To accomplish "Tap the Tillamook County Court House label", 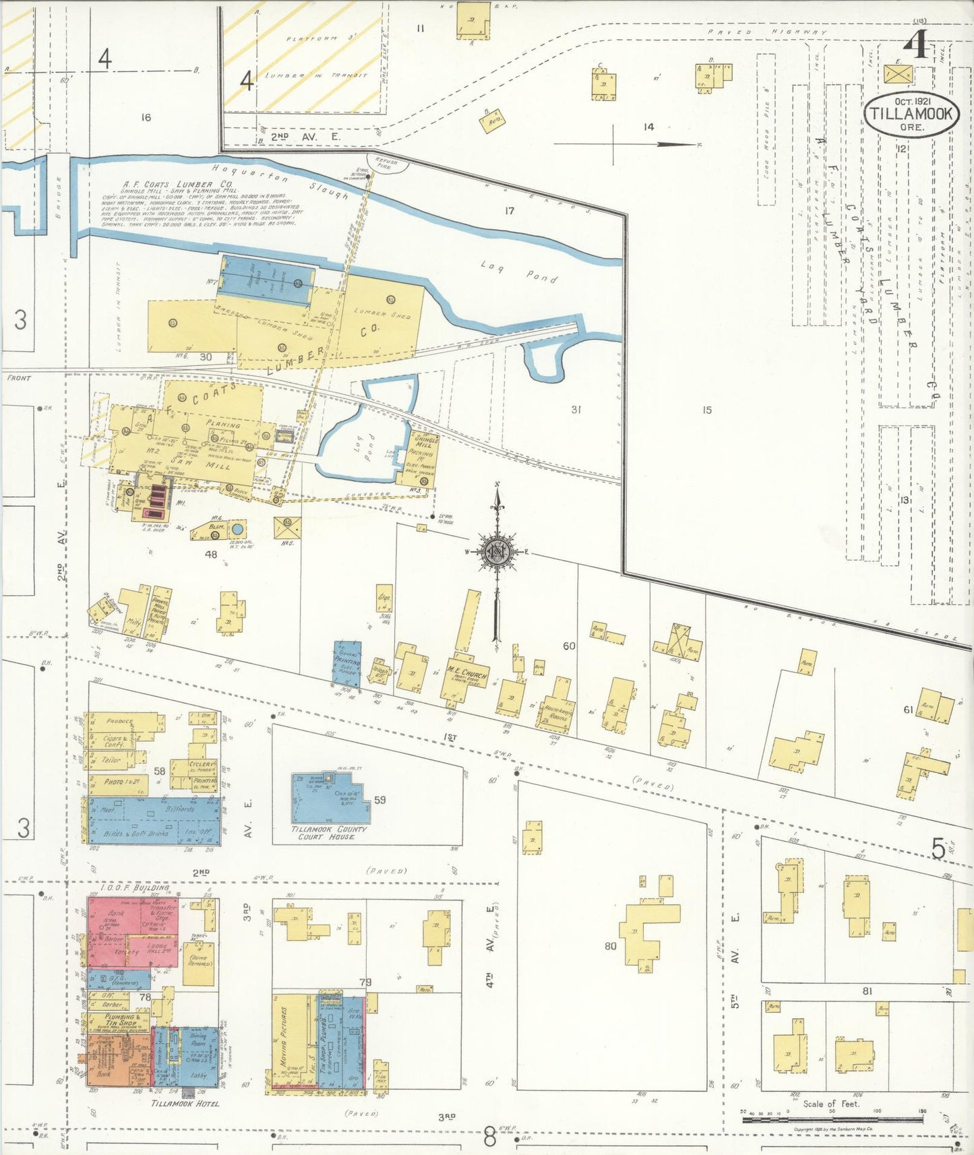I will (329, 832).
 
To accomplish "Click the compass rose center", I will (497, 552).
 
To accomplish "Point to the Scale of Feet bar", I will (832, 1120).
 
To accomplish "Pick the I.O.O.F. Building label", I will (134, 888).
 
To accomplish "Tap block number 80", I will (610, 945).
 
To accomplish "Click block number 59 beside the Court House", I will (379, 800).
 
